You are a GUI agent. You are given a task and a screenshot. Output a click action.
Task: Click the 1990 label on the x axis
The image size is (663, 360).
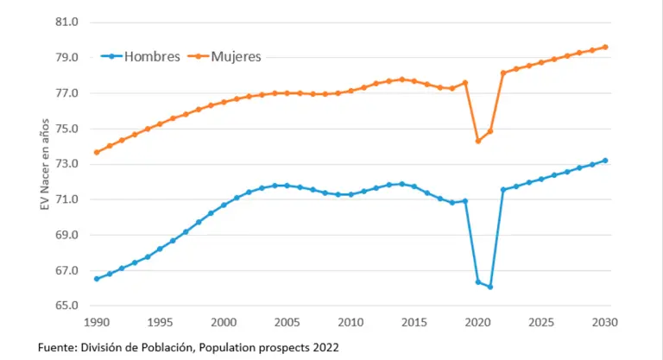[x=97, y=322]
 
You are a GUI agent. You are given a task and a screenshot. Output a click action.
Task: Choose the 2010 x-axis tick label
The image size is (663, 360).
[x=351, y=322]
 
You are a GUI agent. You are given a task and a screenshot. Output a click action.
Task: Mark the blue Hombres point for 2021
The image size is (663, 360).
[x=490, y=287]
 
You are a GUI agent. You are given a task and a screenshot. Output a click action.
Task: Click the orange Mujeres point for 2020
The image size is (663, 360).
[x=477, y=141]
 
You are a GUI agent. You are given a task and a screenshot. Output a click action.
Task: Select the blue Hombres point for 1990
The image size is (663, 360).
[x=97, y=279]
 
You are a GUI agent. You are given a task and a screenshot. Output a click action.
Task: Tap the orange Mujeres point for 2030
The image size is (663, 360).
[x=606, y=47]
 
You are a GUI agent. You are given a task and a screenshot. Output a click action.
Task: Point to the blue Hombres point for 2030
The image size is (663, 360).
[x=606, y=160]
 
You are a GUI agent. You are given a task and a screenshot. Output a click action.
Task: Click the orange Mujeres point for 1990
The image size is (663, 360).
[x=97, y=152]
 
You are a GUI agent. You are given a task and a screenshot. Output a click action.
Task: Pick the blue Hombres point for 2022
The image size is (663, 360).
[x=503, y=189]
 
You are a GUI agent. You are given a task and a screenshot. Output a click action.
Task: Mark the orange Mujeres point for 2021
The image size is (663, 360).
[x=490, y=131]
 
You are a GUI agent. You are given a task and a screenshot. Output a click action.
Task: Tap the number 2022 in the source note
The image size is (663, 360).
[x=322, y=347]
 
